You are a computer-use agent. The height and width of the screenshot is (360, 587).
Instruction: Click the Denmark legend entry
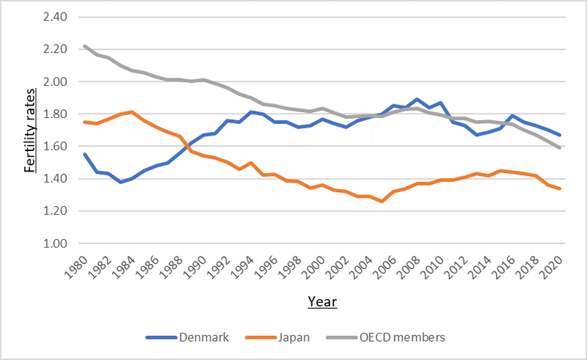point(203,337)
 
